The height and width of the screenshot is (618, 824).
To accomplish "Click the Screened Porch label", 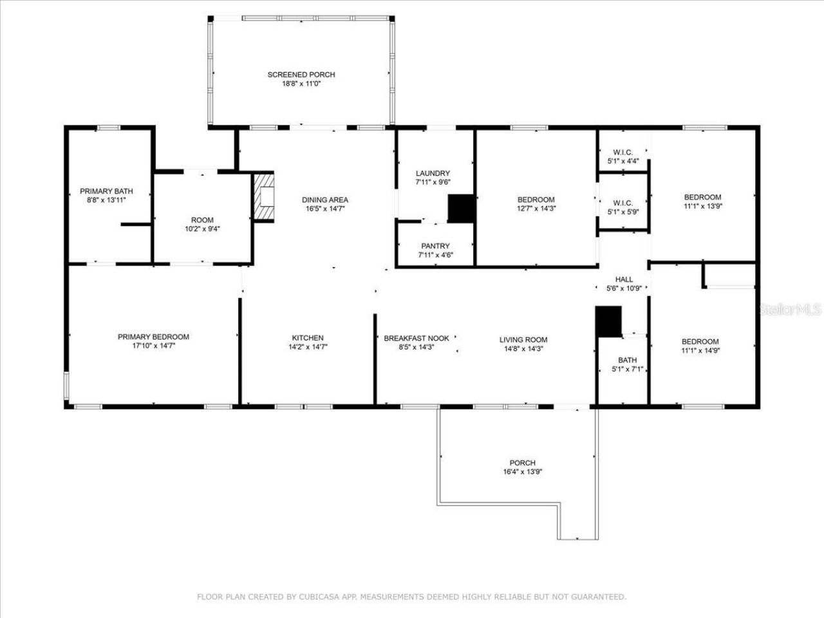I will click(x=301, y=75).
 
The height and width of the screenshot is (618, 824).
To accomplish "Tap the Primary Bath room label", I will click(x=106, y=191).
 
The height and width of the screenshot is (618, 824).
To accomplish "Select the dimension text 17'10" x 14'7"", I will click(x=153, y=346).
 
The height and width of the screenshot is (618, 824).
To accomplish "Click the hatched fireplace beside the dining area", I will click(x=264, y=197).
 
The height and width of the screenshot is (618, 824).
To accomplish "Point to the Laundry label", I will click(x=433, y=174).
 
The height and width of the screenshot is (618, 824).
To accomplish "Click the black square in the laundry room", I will click(x=461, y=209).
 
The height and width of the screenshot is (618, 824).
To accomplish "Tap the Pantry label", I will click(x=435, y=246).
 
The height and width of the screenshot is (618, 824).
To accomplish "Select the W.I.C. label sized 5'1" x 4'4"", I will click(x=623, y=153).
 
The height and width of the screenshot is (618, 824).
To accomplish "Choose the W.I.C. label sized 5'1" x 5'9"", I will click(x=623, y=203).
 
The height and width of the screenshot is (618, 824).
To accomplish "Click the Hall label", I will click(x=624, y=279).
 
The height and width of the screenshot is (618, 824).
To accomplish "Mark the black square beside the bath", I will click(x=608, y=321).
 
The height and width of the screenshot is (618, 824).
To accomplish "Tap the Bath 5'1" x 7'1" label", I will click(x=627, y=360).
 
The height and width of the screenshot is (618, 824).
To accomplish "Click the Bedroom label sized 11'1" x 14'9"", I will click(x=700, y=342).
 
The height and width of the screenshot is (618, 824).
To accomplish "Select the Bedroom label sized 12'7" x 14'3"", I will click(x=536, y=200).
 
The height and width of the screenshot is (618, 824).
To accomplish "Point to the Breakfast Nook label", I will click(x=417, y=339).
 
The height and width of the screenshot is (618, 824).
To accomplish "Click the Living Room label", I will click(x=523, y=340).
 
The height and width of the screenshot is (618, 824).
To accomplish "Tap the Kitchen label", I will click(x=308, y=338).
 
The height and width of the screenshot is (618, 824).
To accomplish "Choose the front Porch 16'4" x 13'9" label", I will click(x=522, y=463).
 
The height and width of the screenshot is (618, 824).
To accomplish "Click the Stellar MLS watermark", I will click(x=791, y=310).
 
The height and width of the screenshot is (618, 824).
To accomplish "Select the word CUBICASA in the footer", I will click(x=317, y=597).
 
